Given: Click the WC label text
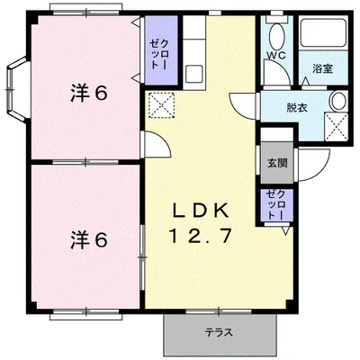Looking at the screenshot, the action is [276, 55].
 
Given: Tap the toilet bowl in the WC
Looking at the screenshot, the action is [277, 35].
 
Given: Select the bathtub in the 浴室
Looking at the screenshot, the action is [323, 33].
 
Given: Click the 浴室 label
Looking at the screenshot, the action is [322, 69].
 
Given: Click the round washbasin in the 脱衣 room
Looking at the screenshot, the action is [338, 101].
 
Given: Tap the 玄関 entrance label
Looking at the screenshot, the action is [277, 163].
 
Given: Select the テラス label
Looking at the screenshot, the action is [219, 333].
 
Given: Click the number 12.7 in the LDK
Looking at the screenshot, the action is [201, 236].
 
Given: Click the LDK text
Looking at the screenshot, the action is [201, 211].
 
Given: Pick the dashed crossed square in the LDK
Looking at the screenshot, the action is [162, 105].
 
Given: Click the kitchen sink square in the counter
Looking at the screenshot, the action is [194, 74].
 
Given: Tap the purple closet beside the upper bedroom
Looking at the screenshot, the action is [161, 50].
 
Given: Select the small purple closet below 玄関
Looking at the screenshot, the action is [276, 205].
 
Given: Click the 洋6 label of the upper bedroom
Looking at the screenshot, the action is [89, 94].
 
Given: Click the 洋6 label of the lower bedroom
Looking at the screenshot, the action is [89, 240].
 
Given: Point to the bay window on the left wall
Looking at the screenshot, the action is [17, 90].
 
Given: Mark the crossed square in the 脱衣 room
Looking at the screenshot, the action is [336, 126].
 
